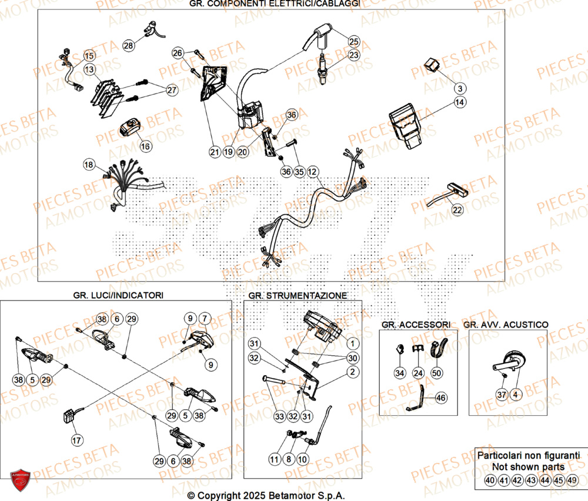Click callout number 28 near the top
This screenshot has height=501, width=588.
128,45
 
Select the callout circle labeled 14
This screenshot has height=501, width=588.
459,102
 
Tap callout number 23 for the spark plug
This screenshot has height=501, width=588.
353,55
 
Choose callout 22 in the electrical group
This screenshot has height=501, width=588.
457,209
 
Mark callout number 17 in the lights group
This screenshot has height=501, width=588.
76,439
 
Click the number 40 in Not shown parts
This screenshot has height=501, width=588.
489,480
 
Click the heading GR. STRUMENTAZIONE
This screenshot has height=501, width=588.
297,295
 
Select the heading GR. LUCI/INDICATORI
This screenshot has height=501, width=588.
119,295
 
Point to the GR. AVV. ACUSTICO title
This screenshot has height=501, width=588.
506,324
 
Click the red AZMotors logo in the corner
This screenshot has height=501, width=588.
20,480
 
